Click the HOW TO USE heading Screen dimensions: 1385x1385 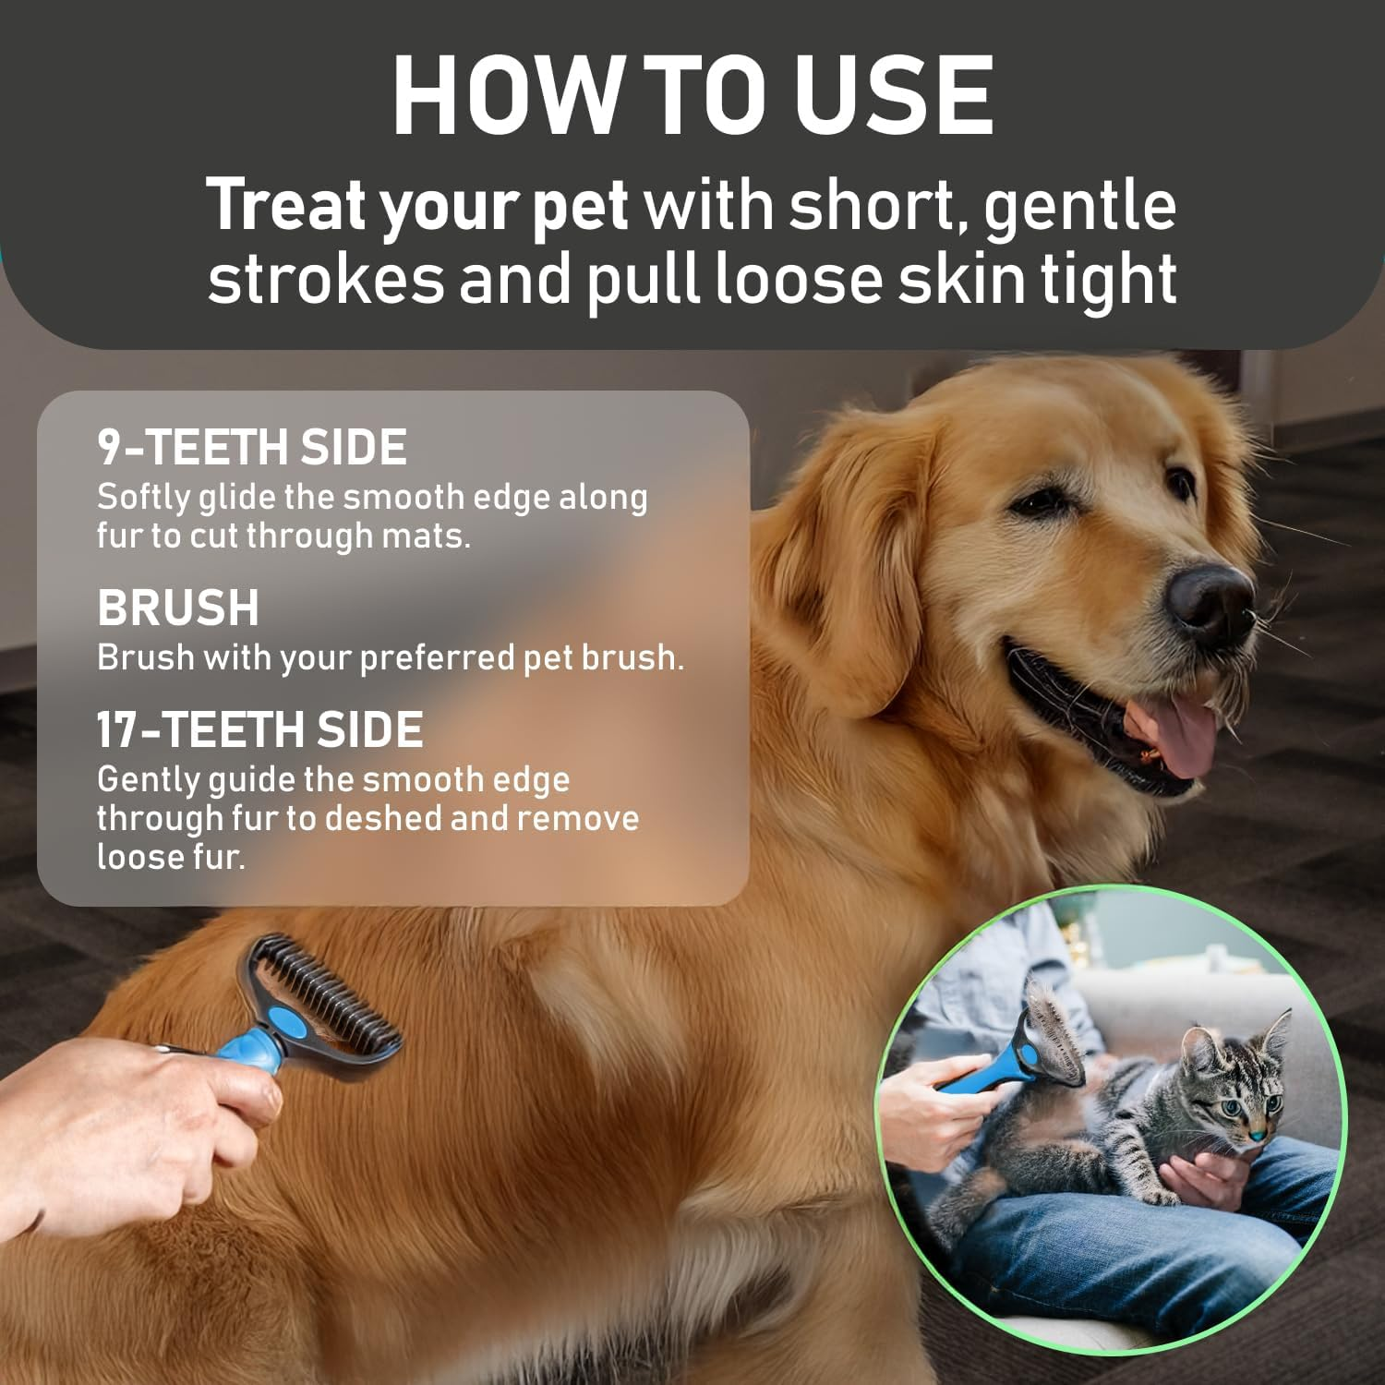pyautogui.click(x=692, y=97)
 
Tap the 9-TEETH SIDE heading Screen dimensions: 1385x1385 pyautogui.click(x=252, y=448)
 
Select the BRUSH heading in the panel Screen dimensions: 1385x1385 pyautogui.click(x=178, y=608)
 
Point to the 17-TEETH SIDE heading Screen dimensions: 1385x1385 pyautogui.click(x=260, y=730)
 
